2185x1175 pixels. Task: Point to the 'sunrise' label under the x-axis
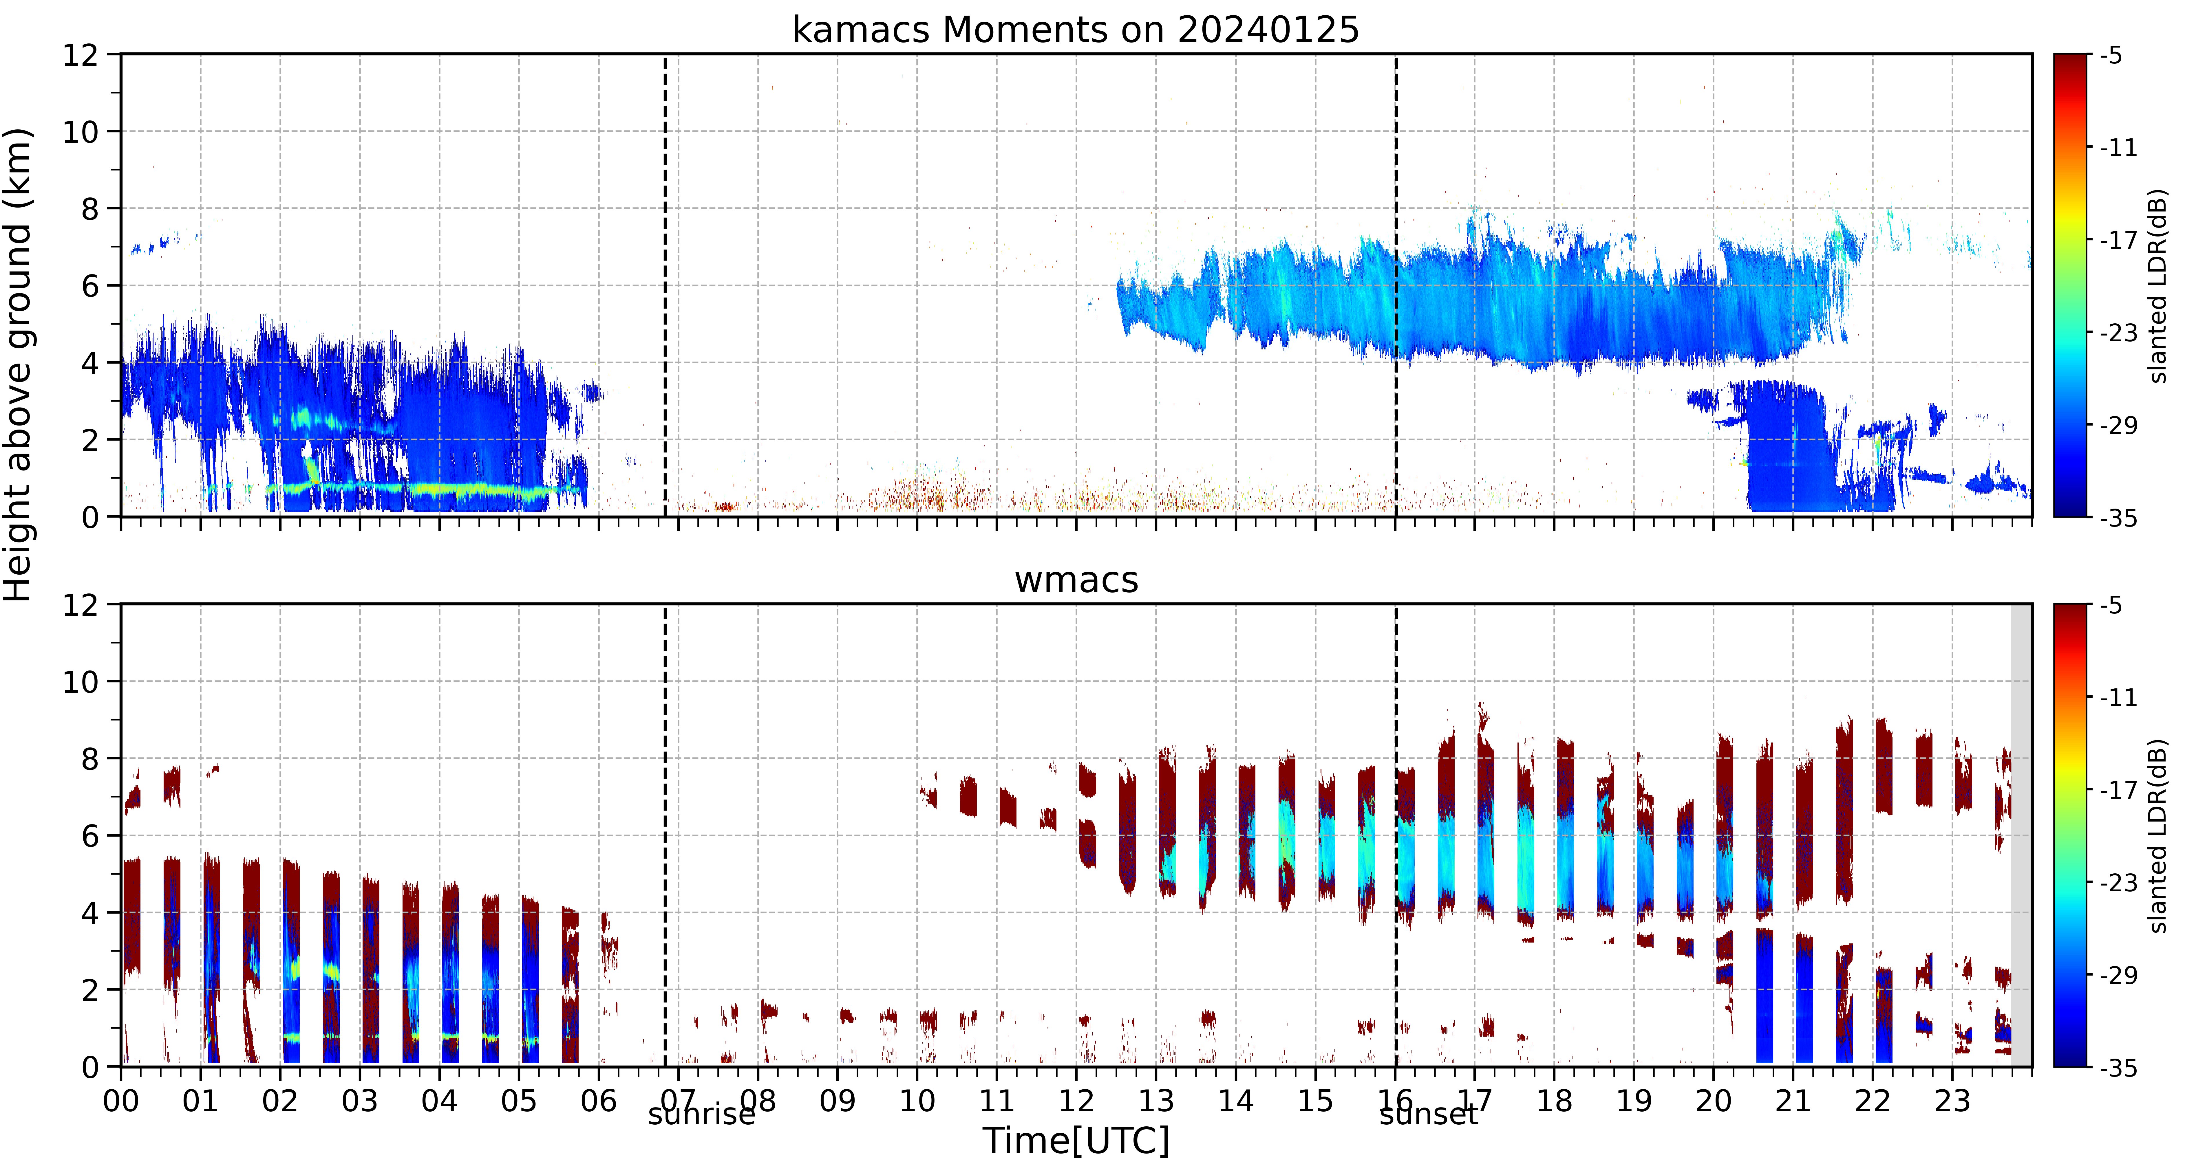coord(701,1115)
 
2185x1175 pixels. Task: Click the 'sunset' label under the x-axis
coord(1428,1115)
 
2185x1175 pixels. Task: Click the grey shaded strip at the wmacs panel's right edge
coord(2021,835)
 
